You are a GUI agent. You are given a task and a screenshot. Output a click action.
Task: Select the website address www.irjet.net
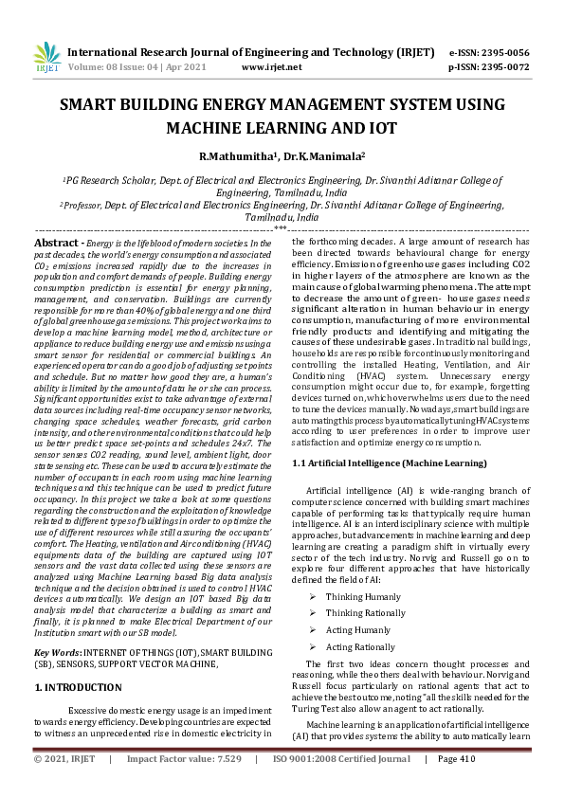(x=272, y=67)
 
